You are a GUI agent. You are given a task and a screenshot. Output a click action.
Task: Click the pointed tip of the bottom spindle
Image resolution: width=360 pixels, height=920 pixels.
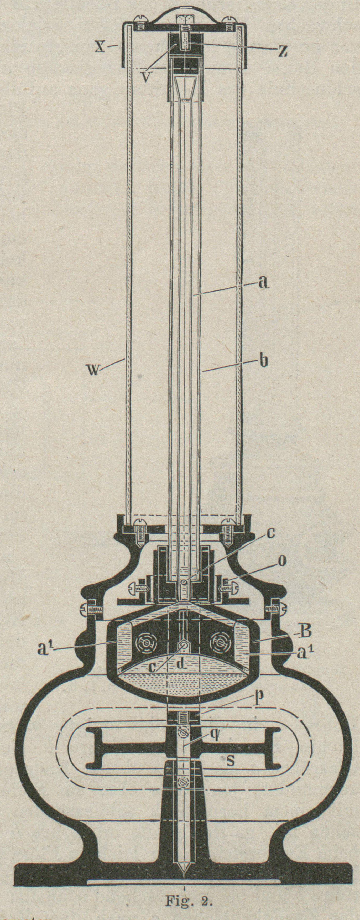(x=184, y=871)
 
